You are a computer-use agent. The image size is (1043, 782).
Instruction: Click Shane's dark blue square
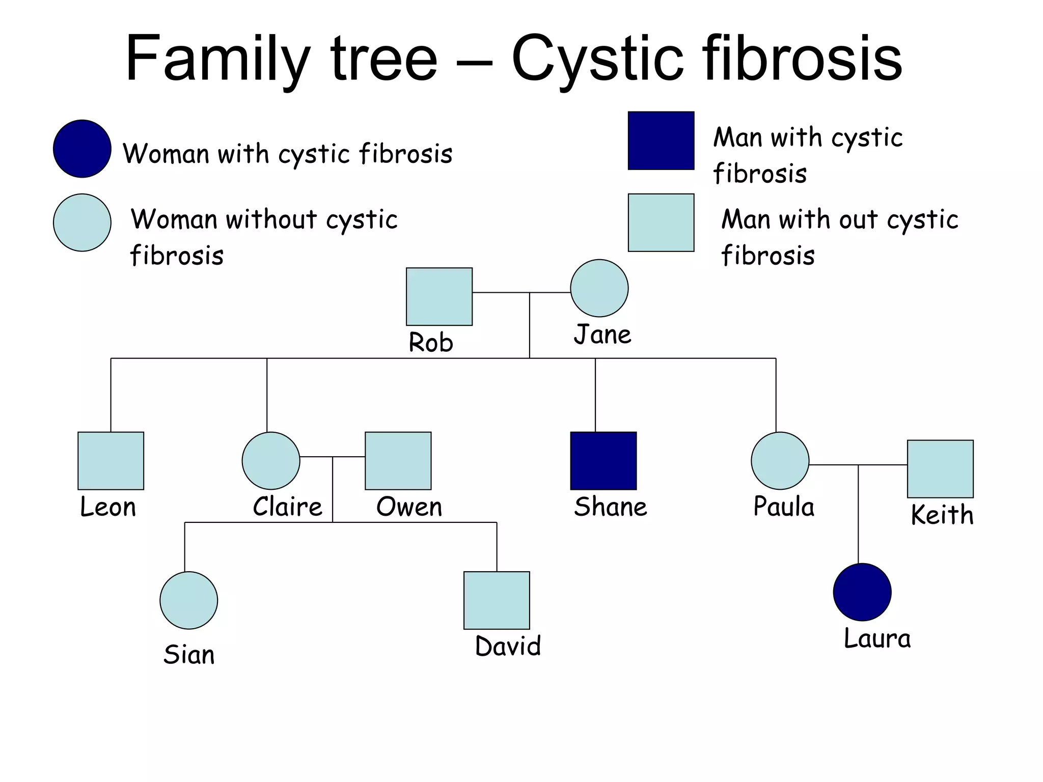pyautogui.click(x=603, y=460)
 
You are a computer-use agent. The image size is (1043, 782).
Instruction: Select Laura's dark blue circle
pyautogui.click(x=862, y=592)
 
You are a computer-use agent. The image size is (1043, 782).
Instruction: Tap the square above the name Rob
pyautogui.click(x=439, y=296)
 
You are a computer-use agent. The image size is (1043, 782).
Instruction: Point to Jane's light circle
pyautogui.click(x=599, y=288)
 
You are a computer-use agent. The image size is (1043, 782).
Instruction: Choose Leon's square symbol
pyautogui.click(x=111, y=460)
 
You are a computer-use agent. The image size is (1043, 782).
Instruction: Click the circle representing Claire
pyautogui.click(x=270, y=460)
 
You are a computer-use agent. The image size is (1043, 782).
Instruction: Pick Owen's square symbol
pyautogui.click(x=398, y=460)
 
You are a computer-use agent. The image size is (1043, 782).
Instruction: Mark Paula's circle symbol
pyautogui.click(x=780, y=460)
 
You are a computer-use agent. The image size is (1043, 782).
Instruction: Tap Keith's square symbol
pyautogui.click(x=940, y=468)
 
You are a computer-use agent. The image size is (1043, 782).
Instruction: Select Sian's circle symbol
pyautogui.click(x=188, y=600)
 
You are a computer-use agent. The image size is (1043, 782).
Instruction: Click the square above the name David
pyautogui.click(x=497, y=600)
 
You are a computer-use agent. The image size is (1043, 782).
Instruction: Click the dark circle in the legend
pyautogui.click(x=82, y=149)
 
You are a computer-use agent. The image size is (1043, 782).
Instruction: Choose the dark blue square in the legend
pyautogui.click(x=661, y=141)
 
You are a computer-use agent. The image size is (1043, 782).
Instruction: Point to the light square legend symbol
pyautogui.click(x=661, y=222)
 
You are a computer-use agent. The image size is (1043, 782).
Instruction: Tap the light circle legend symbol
pyautogui.click(x=82, y=222)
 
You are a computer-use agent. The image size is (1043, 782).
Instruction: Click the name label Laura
pyautogui.click(x=877, y=638)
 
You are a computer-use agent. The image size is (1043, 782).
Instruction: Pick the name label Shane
pyautogui.click(x=610, y=507)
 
